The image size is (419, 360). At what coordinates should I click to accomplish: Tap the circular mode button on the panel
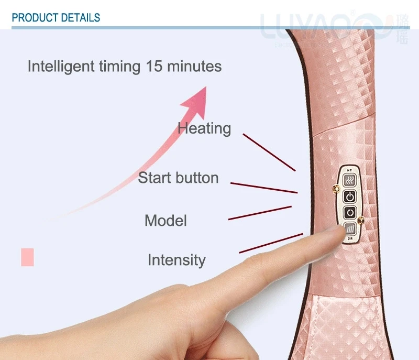[x=349, y=213]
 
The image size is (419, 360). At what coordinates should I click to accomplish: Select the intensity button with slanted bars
[x=349, y=229]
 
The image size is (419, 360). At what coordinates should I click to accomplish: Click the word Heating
[x=204, y=128]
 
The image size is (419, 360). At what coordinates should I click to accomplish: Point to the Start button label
[x=178, y=178]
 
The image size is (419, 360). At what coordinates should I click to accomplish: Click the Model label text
[x=166, y=220]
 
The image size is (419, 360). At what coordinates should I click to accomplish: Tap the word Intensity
[x=177, y=260]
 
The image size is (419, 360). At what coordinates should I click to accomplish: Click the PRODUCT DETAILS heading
[x=56, y=18]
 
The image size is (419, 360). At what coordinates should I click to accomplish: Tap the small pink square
[x=27, y=257]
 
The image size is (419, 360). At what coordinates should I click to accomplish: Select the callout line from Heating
[x=269, y=152]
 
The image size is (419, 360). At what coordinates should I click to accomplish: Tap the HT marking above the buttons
[x=349, y=170]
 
